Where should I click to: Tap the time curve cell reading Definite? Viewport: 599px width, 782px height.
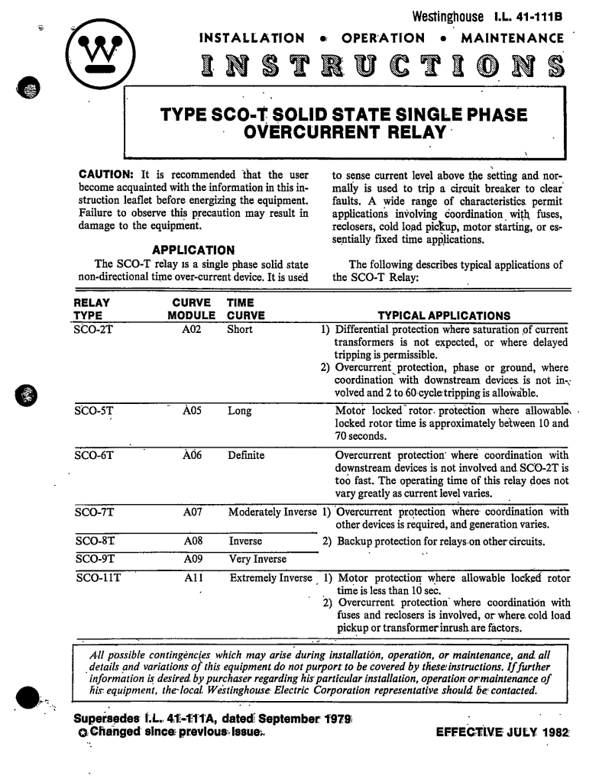pos(246,456)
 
